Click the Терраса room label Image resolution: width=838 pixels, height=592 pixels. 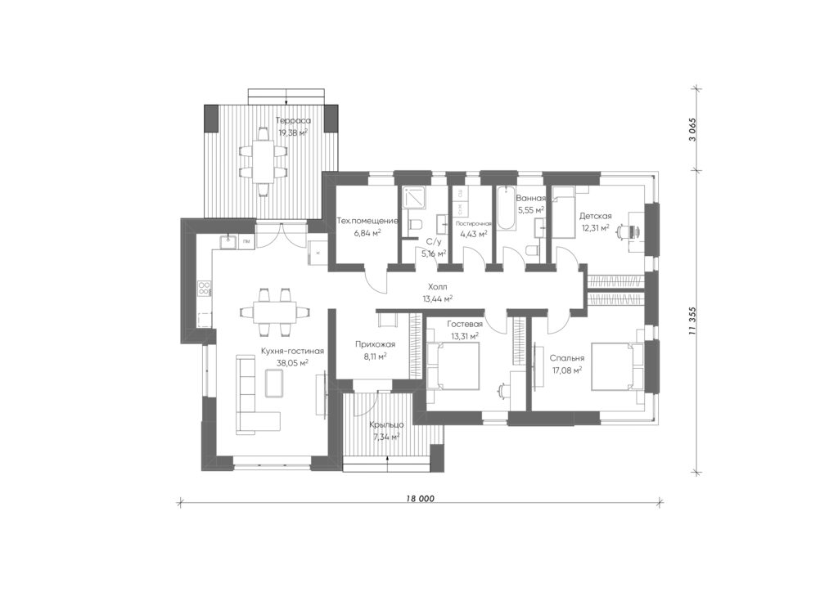click(294, 121)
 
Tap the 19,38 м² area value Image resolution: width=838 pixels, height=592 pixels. click(293, 133)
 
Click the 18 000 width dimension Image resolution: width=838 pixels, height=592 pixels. click(420, 499)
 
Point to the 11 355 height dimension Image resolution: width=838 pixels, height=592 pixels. click(693, 321)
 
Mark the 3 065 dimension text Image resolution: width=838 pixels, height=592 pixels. click(693, 128)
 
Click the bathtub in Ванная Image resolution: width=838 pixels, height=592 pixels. click(506, 209)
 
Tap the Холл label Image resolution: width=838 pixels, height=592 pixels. click(438, 287)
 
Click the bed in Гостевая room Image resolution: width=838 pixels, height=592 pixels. click(453, 366)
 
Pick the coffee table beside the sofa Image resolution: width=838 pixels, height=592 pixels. click(274, 383)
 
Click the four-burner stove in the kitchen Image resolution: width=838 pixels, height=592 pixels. click(205, 289)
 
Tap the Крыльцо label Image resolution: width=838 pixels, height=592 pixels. click(386, 425)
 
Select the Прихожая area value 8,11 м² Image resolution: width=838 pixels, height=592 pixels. click(375, 357)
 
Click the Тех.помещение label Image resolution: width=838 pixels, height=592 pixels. click(367, 221)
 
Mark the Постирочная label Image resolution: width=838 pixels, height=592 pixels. click(473, 224)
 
